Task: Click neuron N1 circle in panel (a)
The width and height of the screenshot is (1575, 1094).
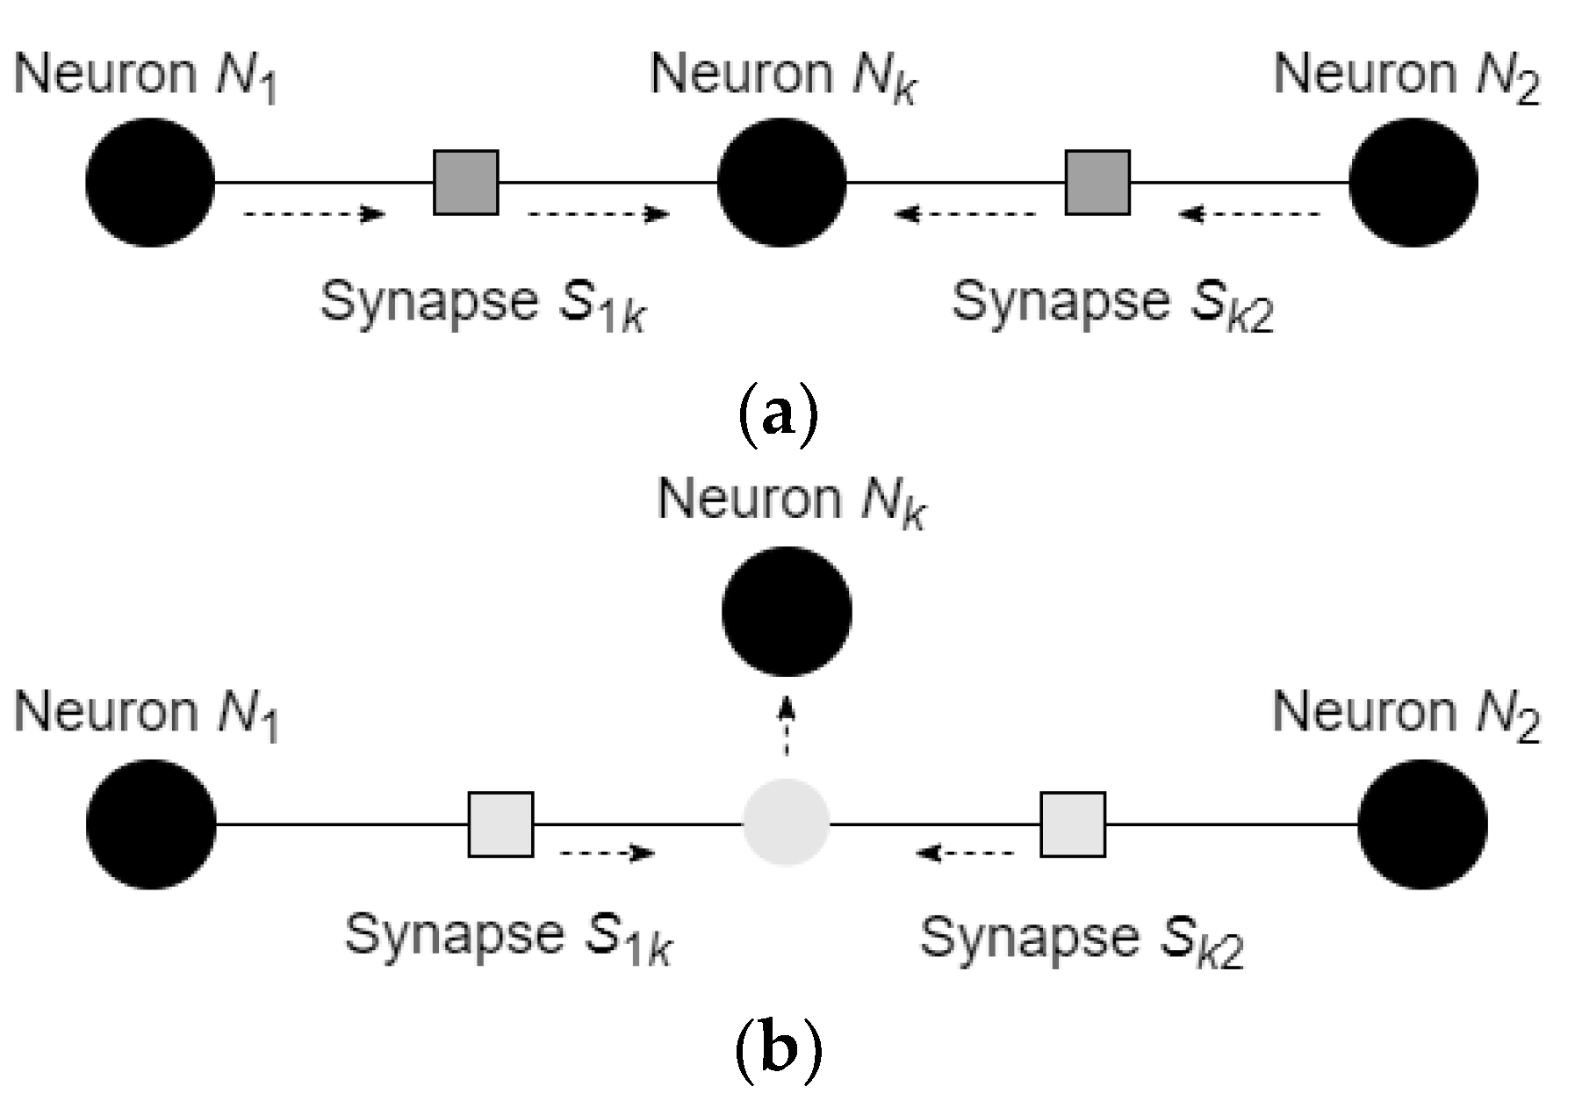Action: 150,183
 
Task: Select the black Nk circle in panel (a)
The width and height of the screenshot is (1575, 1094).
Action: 781,183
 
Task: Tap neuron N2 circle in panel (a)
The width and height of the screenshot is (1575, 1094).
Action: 1413,183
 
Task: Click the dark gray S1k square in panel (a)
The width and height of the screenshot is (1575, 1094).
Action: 466,183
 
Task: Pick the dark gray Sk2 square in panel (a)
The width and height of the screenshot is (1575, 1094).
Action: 1097,183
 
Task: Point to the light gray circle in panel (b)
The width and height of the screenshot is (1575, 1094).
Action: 786,823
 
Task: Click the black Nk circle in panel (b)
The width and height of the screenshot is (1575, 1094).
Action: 786,611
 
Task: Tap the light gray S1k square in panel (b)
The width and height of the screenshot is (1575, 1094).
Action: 500,824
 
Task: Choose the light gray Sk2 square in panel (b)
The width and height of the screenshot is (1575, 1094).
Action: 1073,824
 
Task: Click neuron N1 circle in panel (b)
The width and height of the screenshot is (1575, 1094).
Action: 151,824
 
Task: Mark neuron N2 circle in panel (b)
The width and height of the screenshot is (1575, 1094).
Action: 1422,824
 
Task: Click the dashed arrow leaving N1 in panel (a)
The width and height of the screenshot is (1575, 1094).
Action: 314,213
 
